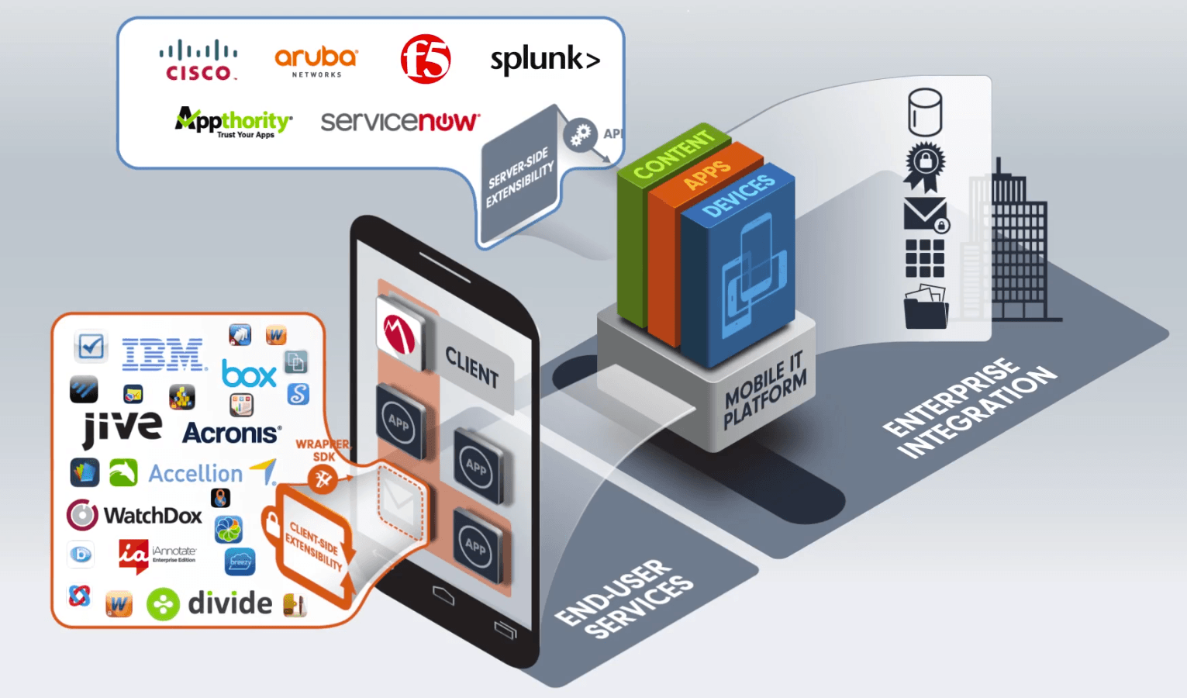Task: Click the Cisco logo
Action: point(198,60)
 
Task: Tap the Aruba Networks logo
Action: point(316,61)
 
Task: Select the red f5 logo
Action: point(426,59)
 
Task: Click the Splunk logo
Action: point(545,60)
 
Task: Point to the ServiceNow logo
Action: point(400,121)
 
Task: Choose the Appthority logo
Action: point(233,122)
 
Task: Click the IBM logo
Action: point(164,354)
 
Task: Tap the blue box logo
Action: point(249,375)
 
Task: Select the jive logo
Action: point(122,427)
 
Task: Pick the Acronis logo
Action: point(231,433)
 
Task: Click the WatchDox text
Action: point(153,516)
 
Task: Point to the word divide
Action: point(229,603)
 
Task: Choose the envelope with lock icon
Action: point(926,215)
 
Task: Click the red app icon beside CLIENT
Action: point(400,333)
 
